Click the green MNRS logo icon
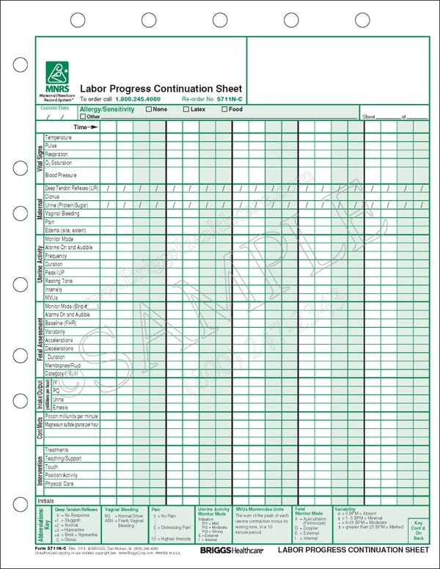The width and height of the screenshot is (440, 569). (x=56, y=72)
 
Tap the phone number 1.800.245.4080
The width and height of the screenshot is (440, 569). (x=138, y=98)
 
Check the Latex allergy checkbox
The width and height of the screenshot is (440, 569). (x=186, y=109)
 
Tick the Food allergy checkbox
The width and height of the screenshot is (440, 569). (x=224, y=109)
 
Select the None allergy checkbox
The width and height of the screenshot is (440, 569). (x=149, y=109)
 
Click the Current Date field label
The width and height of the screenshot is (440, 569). (x=55, y=108)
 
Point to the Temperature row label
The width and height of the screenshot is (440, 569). (x=59, y=137)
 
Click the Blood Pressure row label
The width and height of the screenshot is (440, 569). (x=61, y=175)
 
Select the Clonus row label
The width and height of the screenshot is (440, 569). (x=53, y=197)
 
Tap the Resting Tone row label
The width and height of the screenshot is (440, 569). (x=59, y=281)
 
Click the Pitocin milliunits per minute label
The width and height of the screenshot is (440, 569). (x=72, y=416)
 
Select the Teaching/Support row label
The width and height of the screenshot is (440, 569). (x=63, y=458)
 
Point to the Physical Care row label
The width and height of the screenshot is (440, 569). (x=60, y=484)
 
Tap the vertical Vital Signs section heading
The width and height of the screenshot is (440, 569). (x=40, y=157)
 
